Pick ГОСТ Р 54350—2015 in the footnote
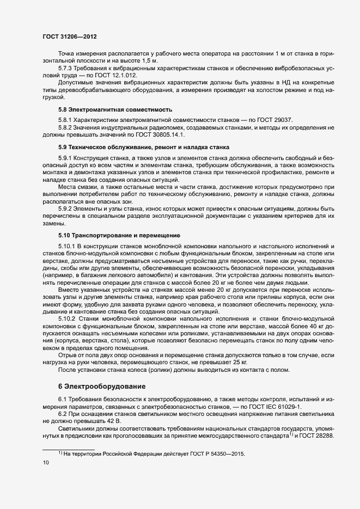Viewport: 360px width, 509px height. pyautogui.click(x=216, y=453)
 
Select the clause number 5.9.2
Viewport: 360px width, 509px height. pyautogui.click(x=65, y=208)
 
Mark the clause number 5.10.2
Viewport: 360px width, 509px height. pyautogui.click(x=68, y=318)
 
